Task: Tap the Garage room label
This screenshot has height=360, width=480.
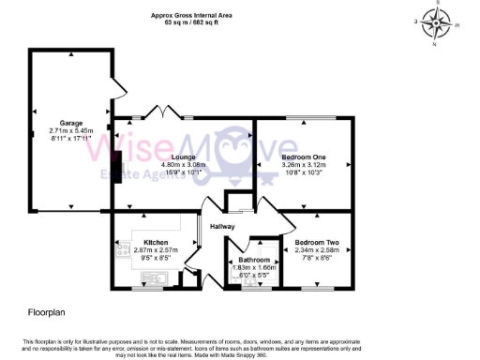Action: [71, 123]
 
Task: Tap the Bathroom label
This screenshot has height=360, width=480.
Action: [254, 260]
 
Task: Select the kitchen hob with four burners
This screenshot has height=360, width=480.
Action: [121, 249]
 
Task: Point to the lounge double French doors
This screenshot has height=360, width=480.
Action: [166, 113]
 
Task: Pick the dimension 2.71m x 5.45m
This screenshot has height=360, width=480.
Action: [71, 130]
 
